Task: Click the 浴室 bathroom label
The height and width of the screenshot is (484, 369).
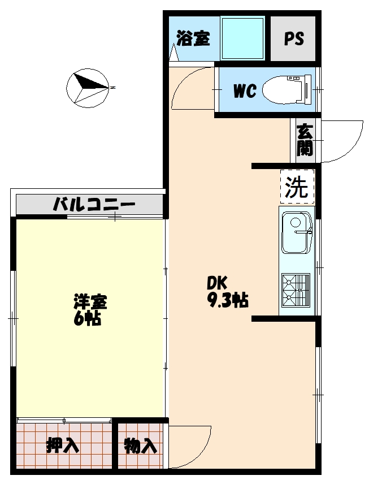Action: click(x=193, y=39)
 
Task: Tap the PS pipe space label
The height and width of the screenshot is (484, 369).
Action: click(x=293, y=39)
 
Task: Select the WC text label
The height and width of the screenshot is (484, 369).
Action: click(x=245, y=90)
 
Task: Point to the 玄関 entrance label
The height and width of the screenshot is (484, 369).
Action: click(x=305, y=140)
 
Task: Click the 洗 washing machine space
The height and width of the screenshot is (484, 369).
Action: click(x=297, y=187)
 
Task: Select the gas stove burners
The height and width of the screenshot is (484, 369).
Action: click(x=296, y=289)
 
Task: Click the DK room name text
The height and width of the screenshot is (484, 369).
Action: click(x=216, y=283)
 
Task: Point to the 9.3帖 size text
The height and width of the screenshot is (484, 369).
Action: click(x=228, y=301)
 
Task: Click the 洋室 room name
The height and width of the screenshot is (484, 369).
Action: click(x=90, y=301)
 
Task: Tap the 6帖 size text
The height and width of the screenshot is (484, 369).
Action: click(x=87, y=319)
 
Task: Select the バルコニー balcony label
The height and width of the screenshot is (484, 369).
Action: click(x=94, y=204)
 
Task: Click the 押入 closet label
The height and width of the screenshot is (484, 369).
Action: click(x=62, y=446)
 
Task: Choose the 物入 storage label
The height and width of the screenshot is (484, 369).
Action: click(x=140, y=446)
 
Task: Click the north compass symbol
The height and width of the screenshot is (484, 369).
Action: click(x=88, y=88)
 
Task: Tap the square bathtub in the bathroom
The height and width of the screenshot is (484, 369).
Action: click(x=243, y=38)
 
